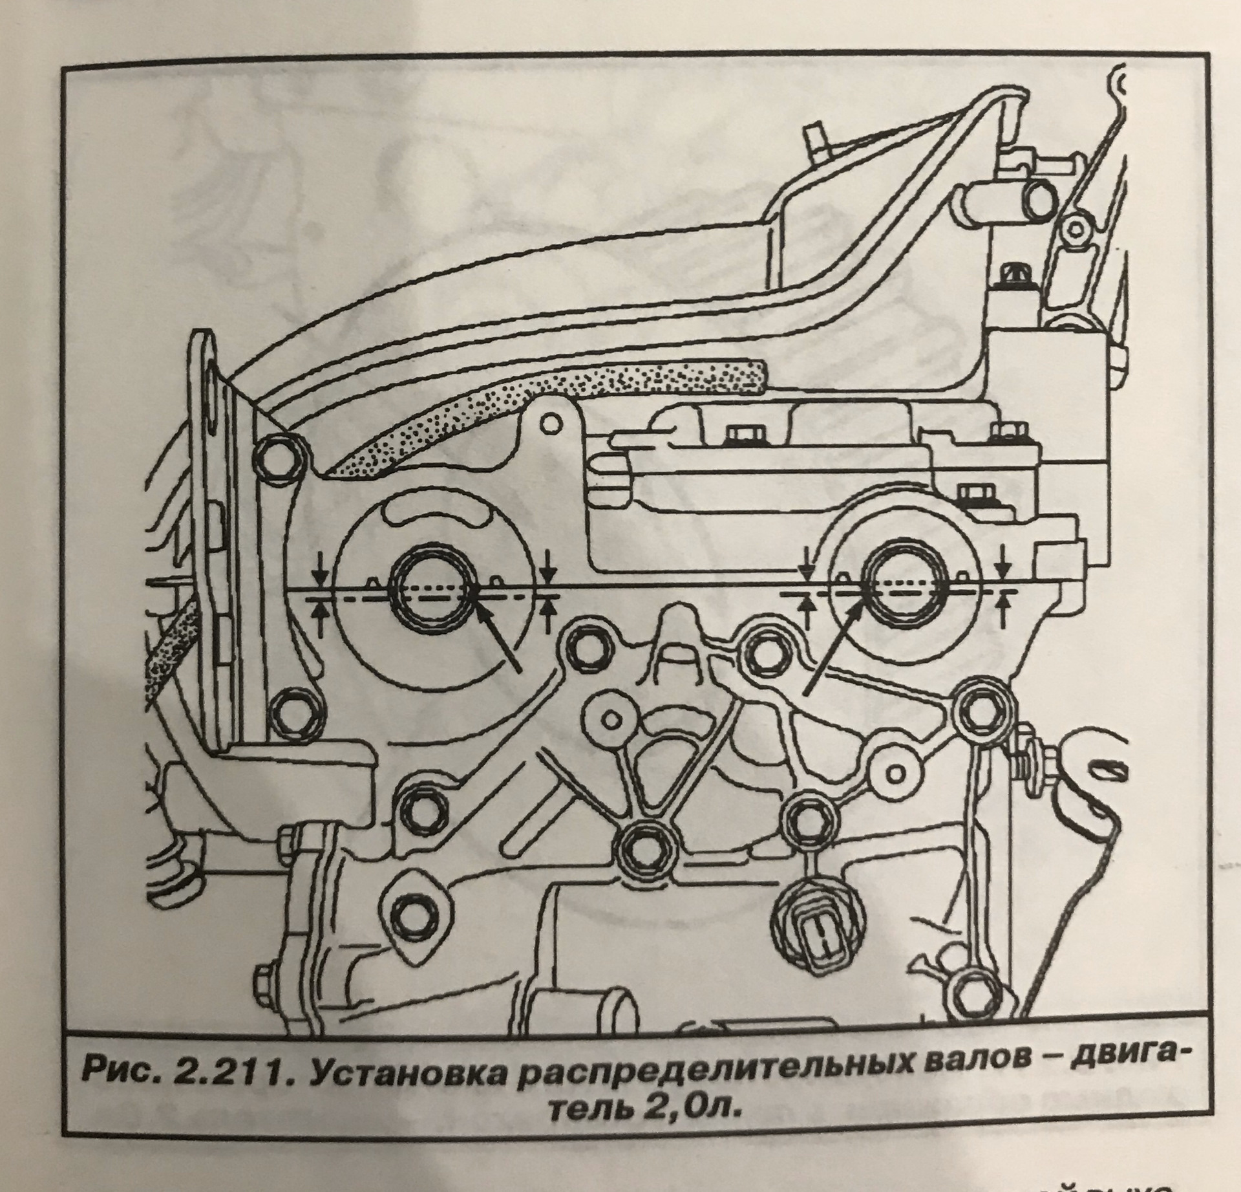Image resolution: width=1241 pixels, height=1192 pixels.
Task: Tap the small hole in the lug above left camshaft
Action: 549,424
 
